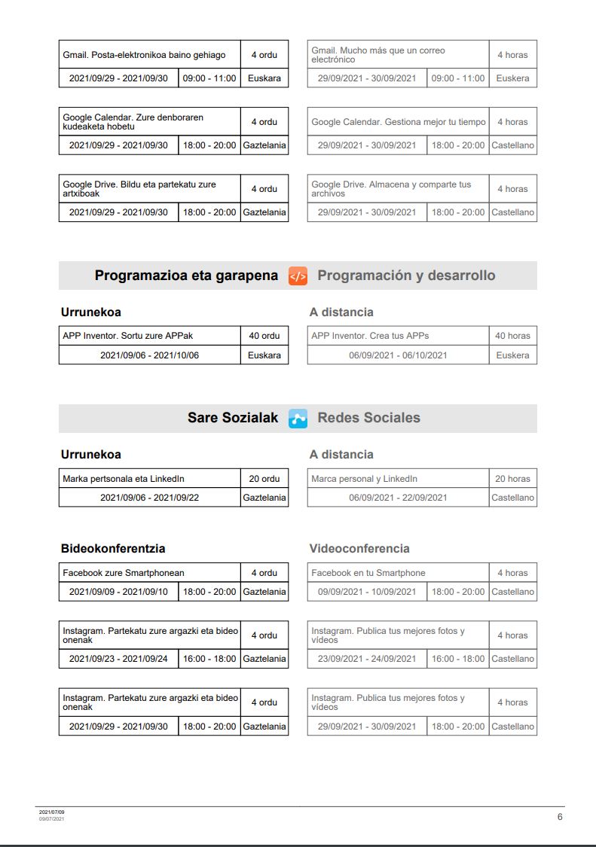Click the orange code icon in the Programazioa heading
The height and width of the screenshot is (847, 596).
click(x=298, y=276)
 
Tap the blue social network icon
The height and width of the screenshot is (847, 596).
click(x=298, y=419)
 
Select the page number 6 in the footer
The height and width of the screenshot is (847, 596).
click(x=560, y=817)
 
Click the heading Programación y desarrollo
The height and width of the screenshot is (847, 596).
click(x=406, y=276)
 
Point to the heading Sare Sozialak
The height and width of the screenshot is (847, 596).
click(x=233, y=418)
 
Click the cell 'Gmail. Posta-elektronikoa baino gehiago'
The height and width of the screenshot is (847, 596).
click(x=144, y=55)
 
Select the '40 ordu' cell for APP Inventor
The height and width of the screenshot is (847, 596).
click(x=264, y=336)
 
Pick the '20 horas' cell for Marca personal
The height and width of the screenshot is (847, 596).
click(x=512, y=479)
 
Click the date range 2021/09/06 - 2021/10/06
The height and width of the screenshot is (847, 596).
click(x=149, y=355)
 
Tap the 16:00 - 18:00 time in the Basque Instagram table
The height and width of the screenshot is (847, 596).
click(x=209, y=659)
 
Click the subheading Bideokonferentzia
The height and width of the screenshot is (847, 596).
click(x=113, y=549)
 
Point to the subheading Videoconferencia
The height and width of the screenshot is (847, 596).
click(x=359, y=549)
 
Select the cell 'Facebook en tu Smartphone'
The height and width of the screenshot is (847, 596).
click(x=368, y=573)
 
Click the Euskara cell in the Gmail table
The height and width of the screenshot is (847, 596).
click(x=264, y=78)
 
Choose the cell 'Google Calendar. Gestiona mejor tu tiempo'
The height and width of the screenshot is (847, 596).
click(x=399, y=122)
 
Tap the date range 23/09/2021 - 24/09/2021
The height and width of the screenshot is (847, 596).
click(x=367, y=659)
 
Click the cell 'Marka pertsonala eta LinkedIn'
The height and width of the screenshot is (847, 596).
click(x=124, y=479)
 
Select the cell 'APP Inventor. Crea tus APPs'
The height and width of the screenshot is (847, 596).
click(x=370, y=336)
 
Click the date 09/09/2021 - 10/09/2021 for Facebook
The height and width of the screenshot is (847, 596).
click(x=367, y=592)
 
